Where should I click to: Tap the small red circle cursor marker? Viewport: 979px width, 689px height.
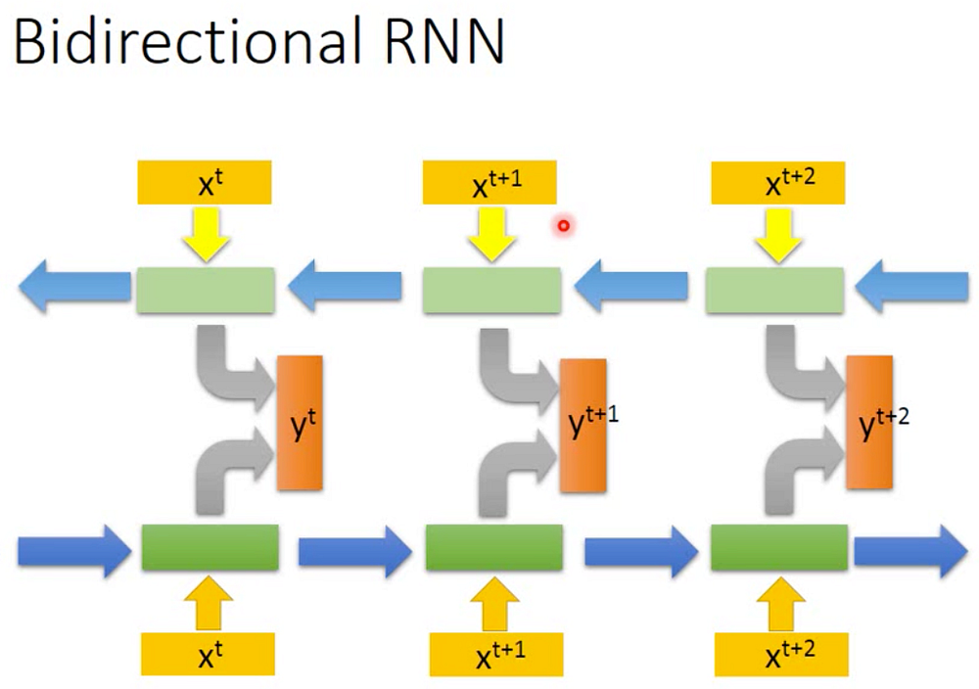564,227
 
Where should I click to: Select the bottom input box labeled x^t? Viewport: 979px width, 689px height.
208,655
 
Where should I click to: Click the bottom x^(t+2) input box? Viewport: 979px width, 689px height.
780,655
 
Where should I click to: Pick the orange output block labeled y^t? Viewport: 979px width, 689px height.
301,423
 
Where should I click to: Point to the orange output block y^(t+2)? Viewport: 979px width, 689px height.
869,421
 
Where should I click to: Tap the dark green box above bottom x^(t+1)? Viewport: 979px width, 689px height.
493,548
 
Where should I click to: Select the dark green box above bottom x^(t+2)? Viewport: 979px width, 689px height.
778,548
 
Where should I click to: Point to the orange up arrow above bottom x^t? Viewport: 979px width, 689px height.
210,603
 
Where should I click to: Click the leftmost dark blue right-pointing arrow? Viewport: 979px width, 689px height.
73,551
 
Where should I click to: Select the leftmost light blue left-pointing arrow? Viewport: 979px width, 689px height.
73,286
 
